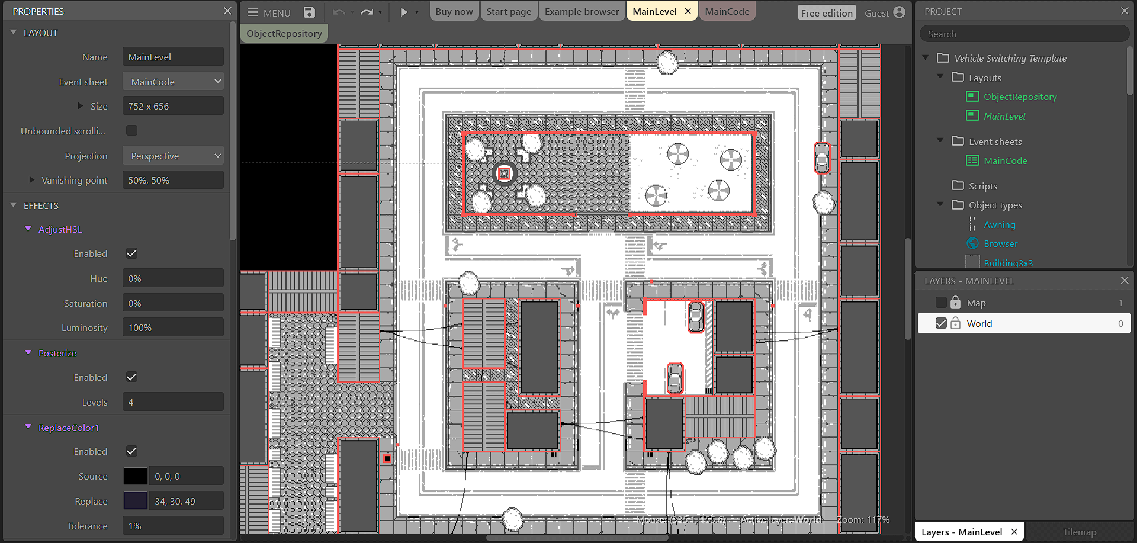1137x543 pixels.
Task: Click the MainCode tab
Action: pyautogui.click(x=727, y=12)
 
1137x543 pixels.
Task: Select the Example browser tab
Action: pyautogui.click(x=582, y=12)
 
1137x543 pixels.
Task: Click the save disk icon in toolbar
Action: pyautogui.click(x=309, y=12)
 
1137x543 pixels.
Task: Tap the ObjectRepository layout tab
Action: pyautogui.click(x=284, y=34)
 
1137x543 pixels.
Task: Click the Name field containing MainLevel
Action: pyautogui.click(x=173, y=57)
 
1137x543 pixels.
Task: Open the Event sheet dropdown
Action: pyautogui.click(x=173, y=82)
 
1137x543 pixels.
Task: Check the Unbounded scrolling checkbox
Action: pyautogui.click(x=131, y=130)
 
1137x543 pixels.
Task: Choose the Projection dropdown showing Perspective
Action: pyautogui.click(x=173, y=156)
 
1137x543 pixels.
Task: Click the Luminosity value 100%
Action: pyautogui.click(x=173, y=327)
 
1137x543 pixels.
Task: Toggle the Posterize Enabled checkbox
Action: pyautogui.click(x=131, y=377)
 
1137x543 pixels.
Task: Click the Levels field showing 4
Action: pyautogui.click(x=173, y=402)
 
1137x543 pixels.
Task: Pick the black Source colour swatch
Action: pyautogui.click(x=135, y=476)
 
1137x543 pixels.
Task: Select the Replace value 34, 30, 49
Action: pyautogui.click(x=185, y=501)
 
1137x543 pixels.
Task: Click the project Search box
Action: pyautogui.click(x=1023, y=34)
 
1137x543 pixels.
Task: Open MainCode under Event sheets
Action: pyautogui.click(x=1005, y=160)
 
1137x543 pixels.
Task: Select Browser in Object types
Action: pyautogui.click(x=1000, y=243)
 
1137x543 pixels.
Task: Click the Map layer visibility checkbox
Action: pyautogui.click(x=941, y=303)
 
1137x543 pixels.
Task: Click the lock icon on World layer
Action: pyautogui.click(x=955, y=323)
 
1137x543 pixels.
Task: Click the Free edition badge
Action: pyautogui.click(x=827, y=13)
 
